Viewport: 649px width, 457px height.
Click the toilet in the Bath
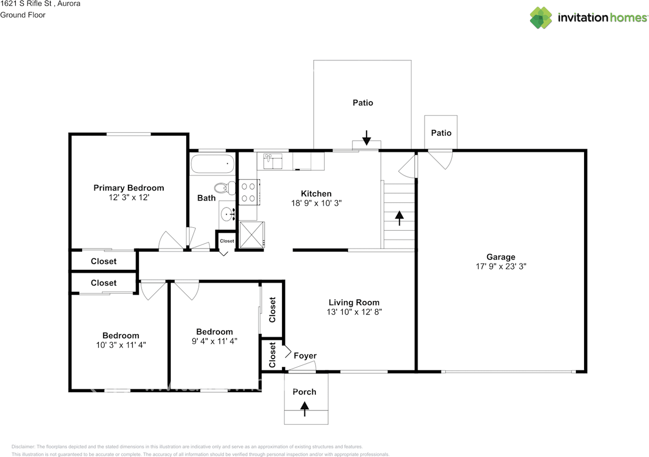(225, 188)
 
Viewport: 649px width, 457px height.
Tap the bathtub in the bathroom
(212, 164)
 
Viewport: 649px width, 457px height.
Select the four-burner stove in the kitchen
(249, 192)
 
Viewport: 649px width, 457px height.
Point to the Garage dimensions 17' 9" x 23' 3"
(501, 266)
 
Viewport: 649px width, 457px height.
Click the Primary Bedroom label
(129, 188)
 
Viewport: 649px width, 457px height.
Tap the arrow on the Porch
(305, 409)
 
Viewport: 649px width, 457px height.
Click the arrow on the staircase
(399, 218)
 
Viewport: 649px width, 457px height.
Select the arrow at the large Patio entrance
(367, 137)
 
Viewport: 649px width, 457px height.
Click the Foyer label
(305, 356)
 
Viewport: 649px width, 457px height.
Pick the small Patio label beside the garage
(441, 133)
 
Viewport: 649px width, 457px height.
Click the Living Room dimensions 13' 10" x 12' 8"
(354, 312)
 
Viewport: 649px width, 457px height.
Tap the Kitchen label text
(316, 194)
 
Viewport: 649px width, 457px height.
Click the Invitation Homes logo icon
(541, 18)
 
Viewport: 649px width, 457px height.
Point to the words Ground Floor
(23, 15)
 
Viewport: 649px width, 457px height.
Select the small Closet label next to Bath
(227, 241)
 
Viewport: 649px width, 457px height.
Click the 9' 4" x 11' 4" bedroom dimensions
(214, 341)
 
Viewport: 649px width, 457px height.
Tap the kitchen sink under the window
(273, 161)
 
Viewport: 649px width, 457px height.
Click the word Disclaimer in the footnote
(23, 447)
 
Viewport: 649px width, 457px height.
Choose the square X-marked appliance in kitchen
(252, 235)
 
